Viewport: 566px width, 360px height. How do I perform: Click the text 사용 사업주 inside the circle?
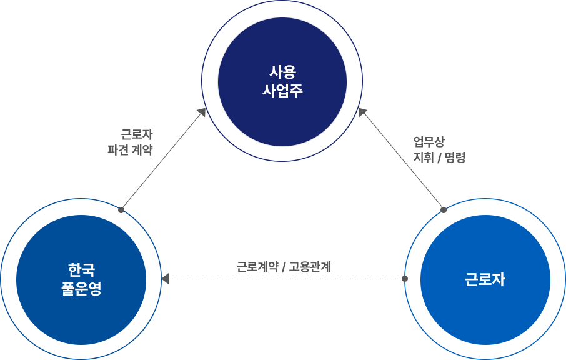(x=282, y=81)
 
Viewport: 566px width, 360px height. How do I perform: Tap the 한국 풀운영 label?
(x=81, y=279)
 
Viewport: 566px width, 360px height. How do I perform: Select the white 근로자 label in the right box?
(x=485, y=279)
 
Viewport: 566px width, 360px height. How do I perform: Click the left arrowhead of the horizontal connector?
(x=165, y=279)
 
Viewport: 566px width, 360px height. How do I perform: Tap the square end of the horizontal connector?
(x=404, y=279)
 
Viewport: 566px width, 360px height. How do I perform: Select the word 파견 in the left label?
(x=117, y=150)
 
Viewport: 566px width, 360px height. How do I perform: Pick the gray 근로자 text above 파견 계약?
(x=137, y=134)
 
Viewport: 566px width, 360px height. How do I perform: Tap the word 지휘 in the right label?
(x=423, y=157)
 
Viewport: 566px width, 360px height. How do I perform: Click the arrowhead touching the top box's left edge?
(x=202, y=112)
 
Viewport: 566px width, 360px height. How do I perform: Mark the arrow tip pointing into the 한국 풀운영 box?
(x=121, y=210)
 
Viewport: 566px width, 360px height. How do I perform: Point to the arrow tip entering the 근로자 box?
(x=444, y=210)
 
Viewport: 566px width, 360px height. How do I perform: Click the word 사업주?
(x=282, y=91)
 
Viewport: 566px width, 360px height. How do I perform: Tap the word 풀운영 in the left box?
(x=81, y=289)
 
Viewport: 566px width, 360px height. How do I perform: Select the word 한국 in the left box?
(x=81, y=270)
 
